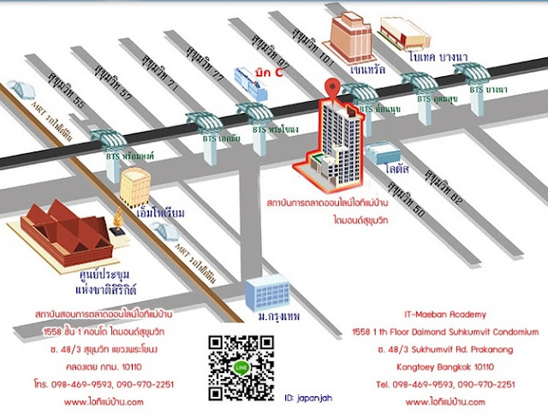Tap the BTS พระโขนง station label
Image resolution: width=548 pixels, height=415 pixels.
point(275,130)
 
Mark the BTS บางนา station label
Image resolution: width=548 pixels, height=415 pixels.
point(488,89)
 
